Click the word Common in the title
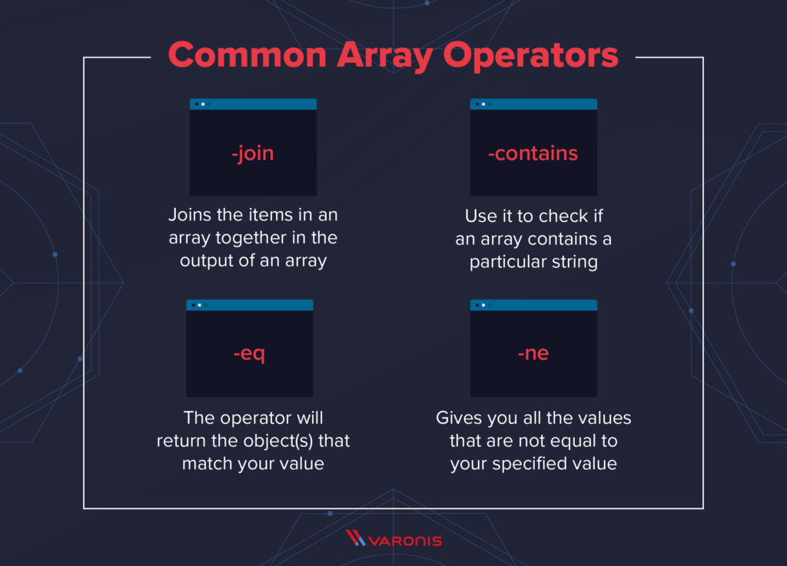(247, 55)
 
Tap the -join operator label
(252, 153)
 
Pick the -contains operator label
(533, 153)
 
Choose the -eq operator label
(250, 354)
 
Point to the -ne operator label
(533, 353)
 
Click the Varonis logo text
(405, 541)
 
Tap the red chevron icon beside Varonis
(355, 538)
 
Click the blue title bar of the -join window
(253, 104)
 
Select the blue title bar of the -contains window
(533, 104)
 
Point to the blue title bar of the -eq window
(250, 305)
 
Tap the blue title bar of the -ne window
(533, 305)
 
